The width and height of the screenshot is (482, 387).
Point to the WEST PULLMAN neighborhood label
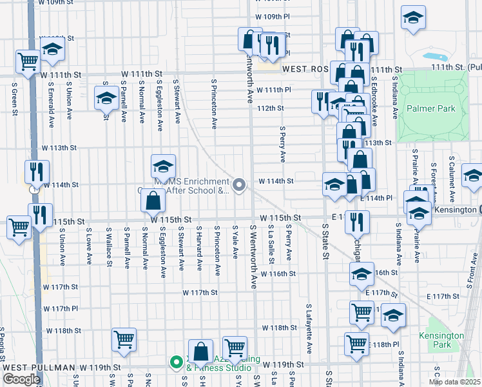40,367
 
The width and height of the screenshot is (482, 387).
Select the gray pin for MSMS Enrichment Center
240,186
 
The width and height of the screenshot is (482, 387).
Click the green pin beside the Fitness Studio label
175,362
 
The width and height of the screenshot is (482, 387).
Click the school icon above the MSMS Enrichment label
164,167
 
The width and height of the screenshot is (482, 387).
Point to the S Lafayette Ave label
309,329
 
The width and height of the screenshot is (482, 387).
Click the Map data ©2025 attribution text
454,382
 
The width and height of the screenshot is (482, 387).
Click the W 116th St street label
278,273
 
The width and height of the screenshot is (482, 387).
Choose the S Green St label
13,98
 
